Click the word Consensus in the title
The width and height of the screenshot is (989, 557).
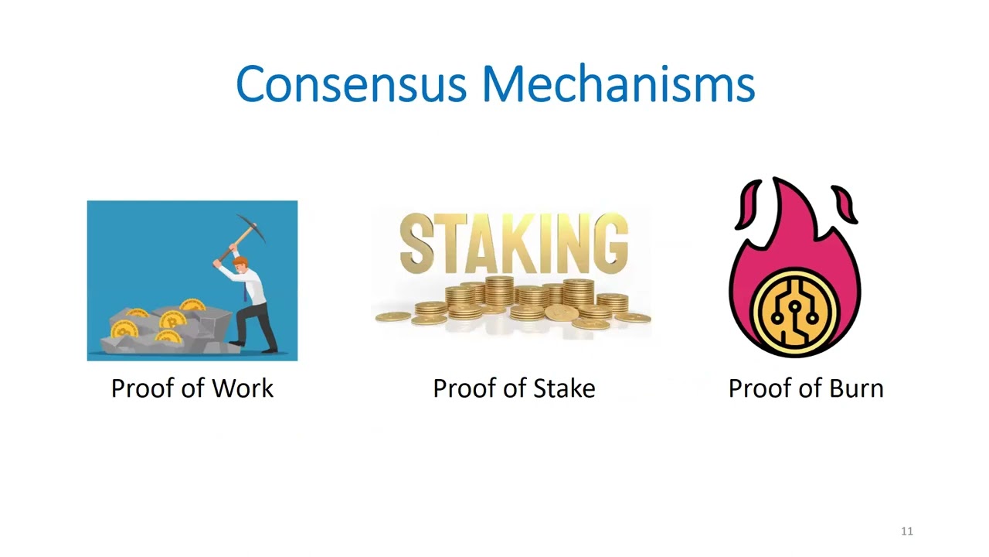tap(351, 84)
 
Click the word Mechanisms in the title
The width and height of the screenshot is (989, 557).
tap(618, 84)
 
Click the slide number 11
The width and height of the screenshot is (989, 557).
tap(907, 531)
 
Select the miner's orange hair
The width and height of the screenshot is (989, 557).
tap(240, 261)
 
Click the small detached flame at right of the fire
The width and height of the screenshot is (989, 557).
tap(846, 206)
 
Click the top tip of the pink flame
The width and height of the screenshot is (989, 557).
tap(775, 182)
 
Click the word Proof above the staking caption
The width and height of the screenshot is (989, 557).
tap(461, 388)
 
